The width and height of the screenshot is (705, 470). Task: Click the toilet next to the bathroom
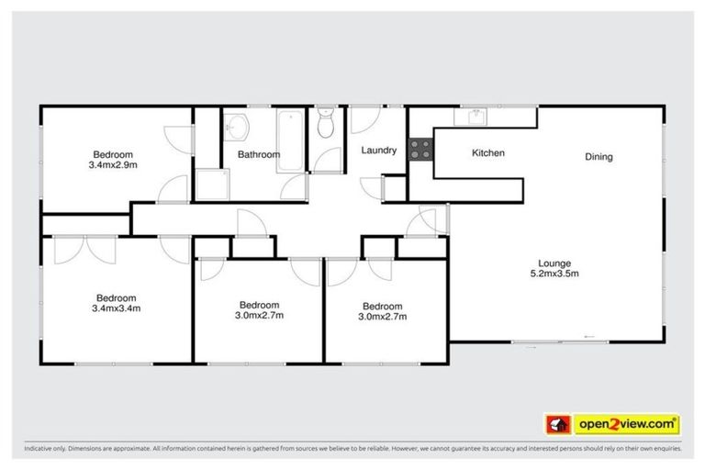click(325, 128)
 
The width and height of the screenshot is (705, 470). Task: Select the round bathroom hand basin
click(238, 126)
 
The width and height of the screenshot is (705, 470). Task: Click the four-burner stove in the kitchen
click(420, 149)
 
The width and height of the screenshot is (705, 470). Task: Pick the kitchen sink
click(476, 116)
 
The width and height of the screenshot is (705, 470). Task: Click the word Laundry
click(378, 150)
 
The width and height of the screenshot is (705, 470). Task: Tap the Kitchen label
click(487, 152)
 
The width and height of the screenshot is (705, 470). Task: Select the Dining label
click(599, 157)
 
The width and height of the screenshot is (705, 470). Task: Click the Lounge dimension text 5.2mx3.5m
click(554, 273)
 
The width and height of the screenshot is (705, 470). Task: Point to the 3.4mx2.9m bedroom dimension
click(113, 165)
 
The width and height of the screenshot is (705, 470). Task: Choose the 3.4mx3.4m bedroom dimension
click(116, 308)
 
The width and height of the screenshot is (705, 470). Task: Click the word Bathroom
click(258, 154)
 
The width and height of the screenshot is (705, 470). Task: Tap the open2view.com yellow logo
click(626, 424)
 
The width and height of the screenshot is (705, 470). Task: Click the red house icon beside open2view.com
click(554, 424)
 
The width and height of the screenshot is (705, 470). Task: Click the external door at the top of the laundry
click(364, 119)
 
